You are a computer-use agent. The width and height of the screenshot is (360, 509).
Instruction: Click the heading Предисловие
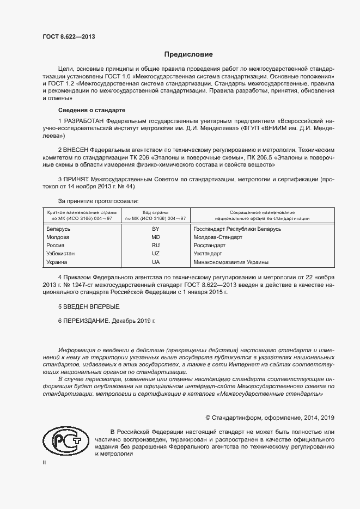[x=189, y=54]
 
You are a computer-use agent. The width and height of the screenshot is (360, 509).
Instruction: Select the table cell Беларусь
[x=59, y=229]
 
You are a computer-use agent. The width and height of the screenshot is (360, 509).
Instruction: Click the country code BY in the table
[x=155, y=229]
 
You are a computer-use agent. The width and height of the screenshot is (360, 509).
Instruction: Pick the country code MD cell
[x=155, y=237]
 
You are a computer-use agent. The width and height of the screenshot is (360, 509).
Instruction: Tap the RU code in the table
[x=155, y=246]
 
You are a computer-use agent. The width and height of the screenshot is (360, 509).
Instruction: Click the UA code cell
[x=155, y=262]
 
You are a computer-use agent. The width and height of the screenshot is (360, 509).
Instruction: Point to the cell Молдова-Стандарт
[x=218, y=237]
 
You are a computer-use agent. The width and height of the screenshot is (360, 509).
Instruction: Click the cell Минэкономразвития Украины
[x=230, y=262]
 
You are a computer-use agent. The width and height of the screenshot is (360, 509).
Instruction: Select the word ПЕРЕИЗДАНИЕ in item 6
[x=87, y=321]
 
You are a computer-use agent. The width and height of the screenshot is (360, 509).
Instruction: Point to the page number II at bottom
[x=44, y=462]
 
